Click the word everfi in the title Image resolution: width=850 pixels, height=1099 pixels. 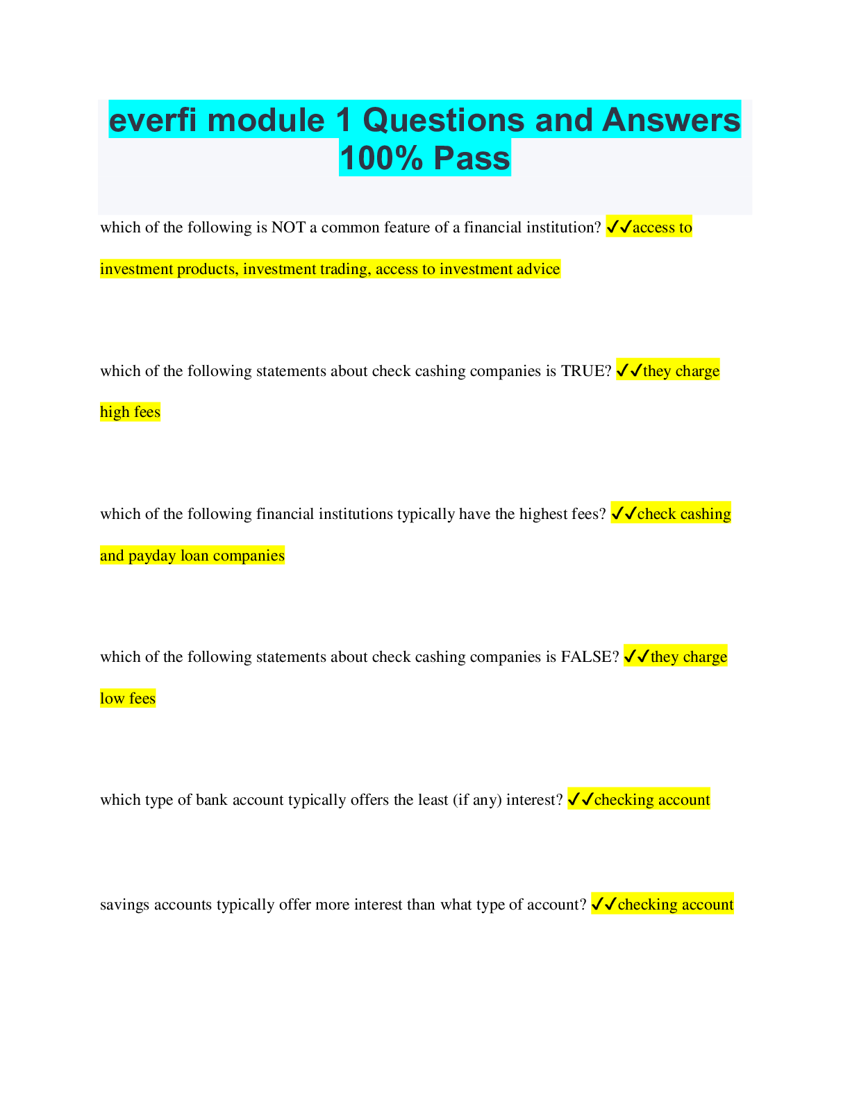pyautogui.click(x=153, y=120)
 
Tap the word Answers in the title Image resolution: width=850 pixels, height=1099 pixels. pyautogui.click(x=672, y=120)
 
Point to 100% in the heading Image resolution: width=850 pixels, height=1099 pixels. pyautogui.click(x=381, y=158)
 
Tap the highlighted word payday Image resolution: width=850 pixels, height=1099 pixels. pyautogui.click(x=152, y=556)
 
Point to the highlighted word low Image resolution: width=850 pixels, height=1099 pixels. pyautogui.click(x=112, y=699)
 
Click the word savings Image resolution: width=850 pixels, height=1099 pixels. pyautogui.click(x=125, y=905)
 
